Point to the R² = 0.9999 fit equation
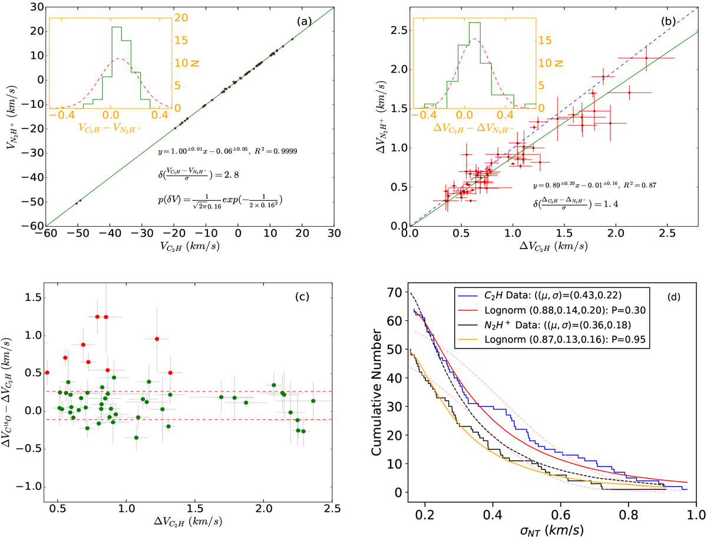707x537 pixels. [227, 151]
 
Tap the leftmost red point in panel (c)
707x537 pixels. [47, 372]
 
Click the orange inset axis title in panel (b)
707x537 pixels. [475, 127]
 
